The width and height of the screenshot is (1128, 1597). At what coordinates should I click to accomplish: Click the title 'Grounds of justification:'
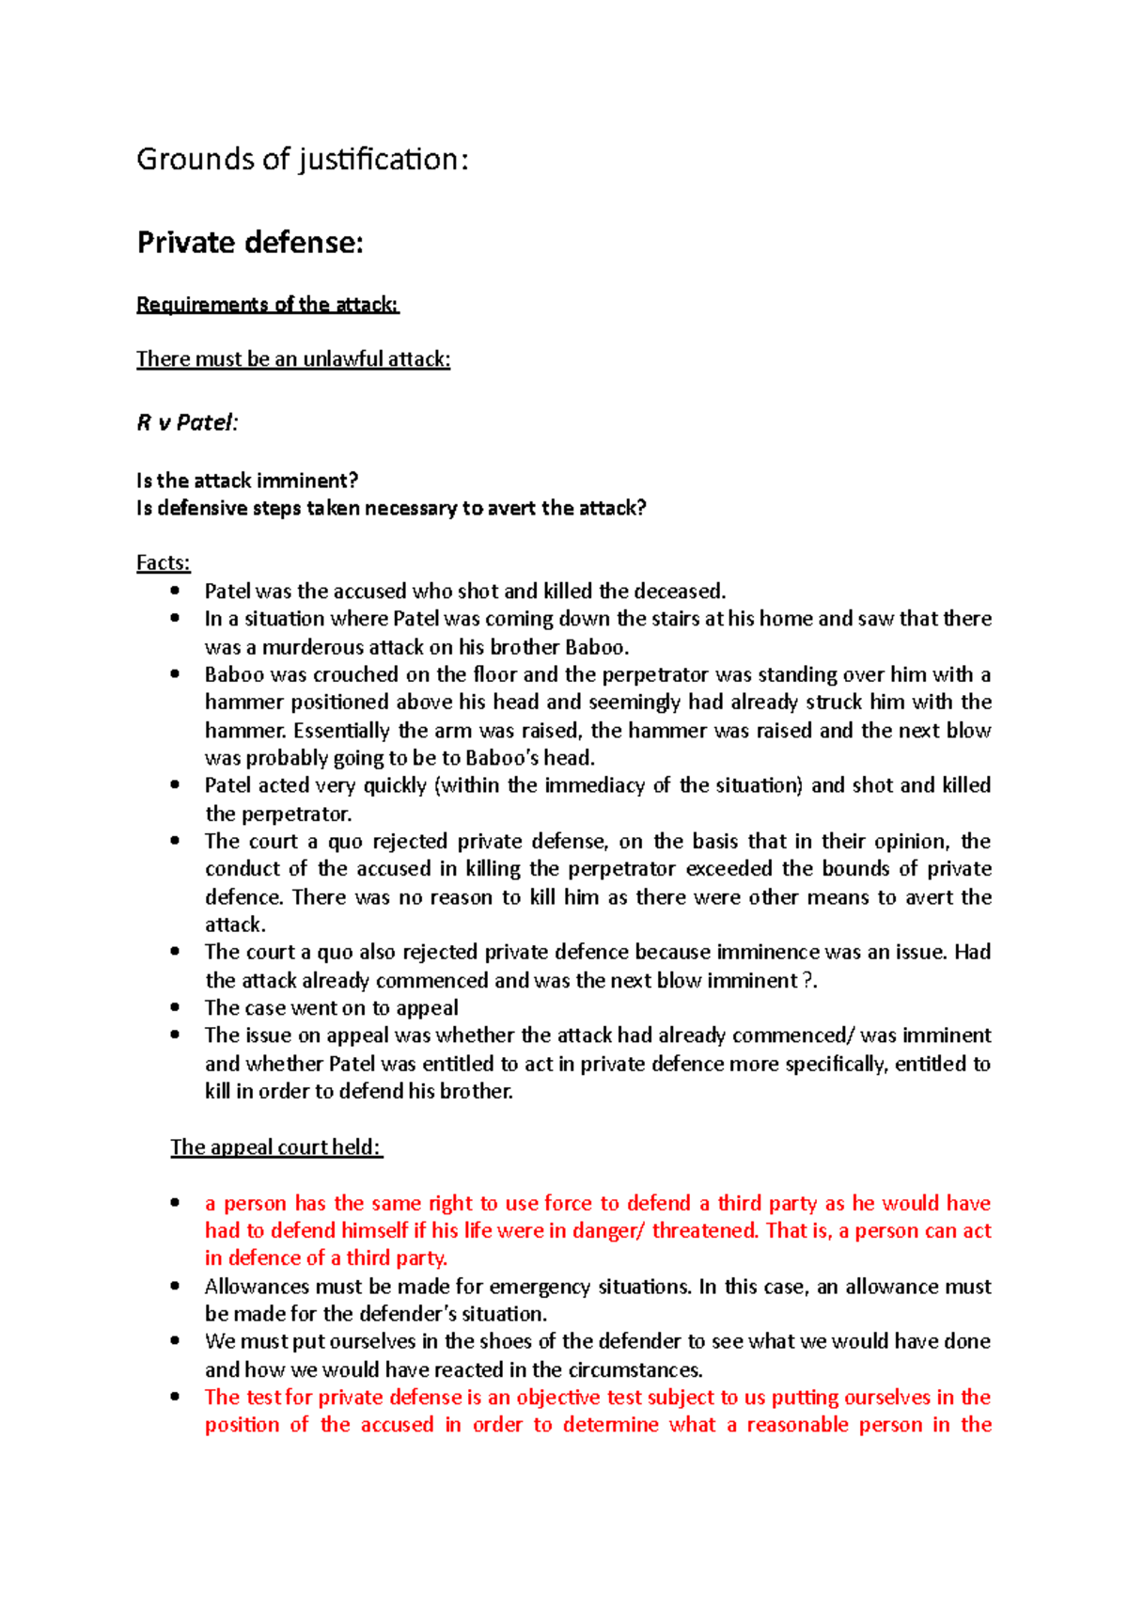pyautogui.click(x=302, y=160)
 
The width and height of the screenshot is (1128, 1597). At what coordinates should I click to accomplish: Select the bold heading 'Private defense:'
pyautogui.click(x=250, y=243)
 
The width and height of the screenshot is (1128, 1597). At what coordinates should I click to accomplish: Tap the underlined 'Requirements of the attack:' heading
pyautogui.click(x=268, y=305)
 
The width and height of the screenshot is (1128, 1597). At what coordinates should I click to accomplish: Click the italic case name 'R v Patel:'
pyautogui.click(x=187, y=422)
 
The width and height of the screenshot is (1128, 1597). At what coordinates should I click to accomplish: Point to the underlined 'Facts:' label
pyautogui.click(x=164, y=562)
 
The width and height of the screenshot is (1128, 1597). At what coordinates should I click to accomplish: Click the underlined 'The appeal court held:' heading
pyautogui.click(x=276, y=1147)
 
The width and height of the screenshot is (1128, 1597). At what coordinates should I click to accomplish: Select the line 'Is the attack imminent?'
pyautogui.click(x=247, y=481)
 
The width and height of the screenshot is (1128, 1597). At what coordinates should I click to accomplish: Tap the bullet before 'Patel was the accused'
pyautogui.click(x=175, y=591)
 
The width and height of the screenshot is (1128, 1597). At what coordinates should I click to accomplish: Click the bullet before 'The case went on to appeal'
pyautogui.click(x=175, y=1007)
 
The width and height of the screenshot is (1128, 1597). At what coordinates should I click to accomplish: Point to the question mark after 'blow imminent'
pyautogui.click(x=807, y=980)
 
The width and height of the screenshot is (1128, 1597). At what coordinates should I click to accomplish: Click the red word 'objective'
pyautogui.click(x=558, y=1397)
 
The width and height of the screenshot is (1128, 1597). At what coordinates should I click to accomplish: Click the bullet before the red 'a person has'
pyautogui.click(x=175, y=1203)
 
